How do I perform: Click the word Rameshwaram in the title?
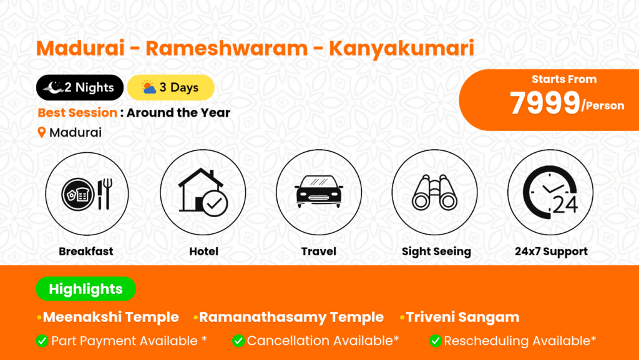227,48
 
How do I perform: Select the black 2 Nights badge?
80,87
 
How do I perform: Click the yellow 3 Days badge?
171,87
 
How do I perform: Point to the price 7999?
545,102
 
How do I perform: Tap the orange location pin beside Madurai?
42,132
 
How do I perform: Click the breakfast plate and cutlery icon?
87,194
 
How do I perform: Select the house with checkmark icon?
203,192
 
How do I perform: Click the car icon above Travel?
319,192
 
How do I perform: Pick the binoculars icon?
434,192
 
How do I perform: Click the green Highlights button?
86,289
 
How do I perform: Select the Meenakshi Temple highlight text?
111,317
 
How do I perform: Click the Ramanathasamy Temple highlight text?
291,317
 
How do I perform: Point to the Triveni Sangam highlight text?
462,317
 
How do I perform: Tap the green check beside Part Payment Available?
42,341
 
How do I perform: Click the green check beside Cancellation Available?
238,341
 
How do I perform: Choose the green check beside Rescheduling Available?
435,341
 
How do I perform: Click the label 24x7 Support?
551,251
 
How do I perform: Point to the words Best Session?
77,112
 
